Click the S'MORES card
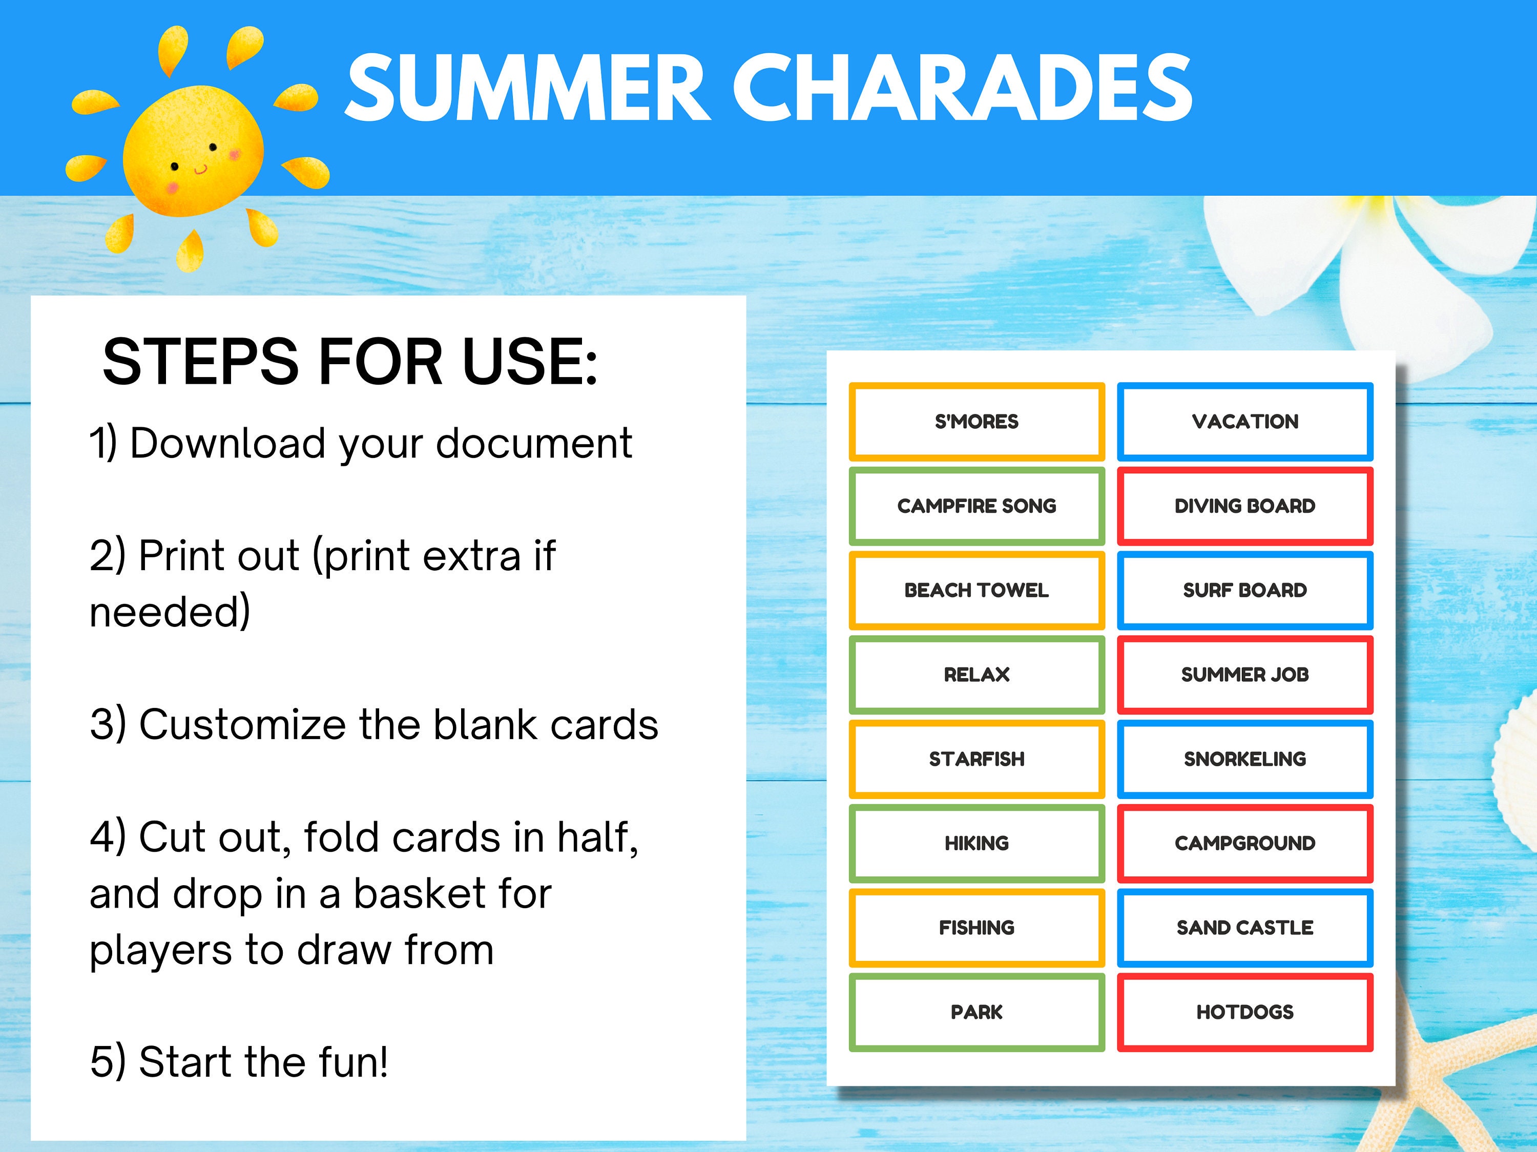coord(977,422)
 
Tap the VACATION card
coord(1244,422)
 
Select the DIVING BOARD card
coord(1244,506)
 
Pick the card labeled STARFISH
coord(977,759)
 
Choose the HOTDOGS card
coord(1244,1012)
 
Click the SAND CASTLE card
coord(1244,928)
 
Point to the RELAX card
coord(977,675)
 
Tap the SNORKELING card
coord(1244,759)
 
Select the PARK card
coord(977,1012)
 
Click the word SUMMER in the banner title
coord(528,88)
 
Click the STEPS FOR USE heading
coord(349,361)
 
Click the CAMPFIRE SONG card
coord(977,506)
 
